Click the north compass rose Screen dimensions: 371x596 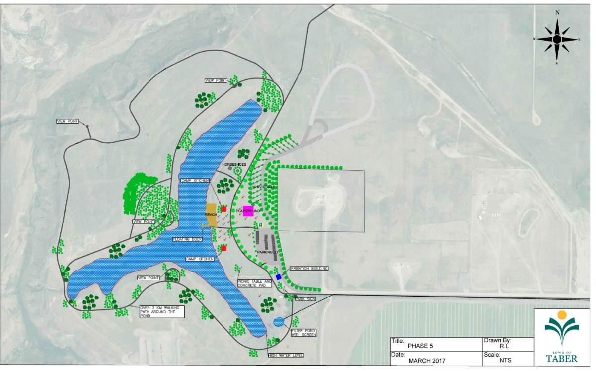[557, 39]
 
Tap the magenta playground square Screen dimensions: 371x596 [248, 211]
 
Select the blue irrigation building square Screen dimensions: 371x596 [279, 277]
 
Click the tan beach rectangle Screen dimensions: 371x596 [211, 215]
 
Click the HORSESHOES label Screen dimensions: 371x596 [234, 164]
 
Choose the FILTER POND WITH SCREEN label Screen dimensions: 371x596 [303, 333]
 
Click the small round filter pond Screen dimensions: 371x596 [279, 321]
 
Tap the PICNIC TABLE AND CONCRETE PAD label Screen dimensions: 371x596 [254, 283]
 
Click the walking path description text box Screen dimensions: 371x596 [162, 311]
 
